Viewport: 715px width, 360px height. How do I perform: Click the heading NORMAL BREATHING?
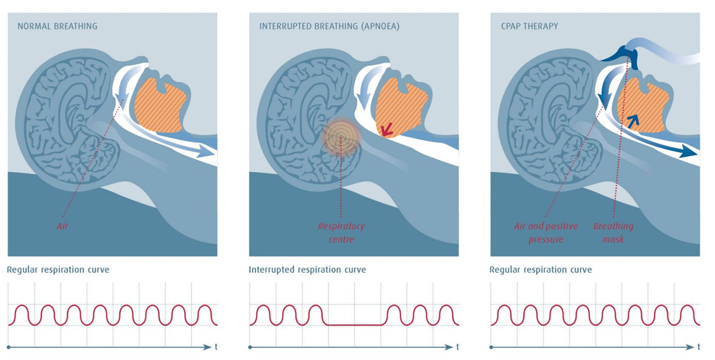[x=57, y=26]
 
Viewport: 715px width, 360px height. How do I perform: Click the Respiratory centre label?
[x=341, y=233]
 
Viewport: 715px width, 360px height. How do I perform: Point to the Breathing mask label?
[x=613, y=233]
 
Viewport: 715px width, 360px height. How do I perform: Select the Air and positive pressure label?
[x=546, y=233]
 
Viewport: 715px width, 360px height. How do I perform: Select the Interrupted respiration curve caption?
[x=307, y=270]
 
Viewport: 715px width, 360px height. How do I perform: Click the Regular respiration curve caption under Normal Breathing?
[x=58, y=270]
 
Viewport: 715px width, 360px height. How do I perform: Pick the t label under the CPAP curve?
[x=698, y=347]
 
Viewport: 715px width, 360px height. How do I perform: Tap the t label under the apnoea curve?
[x=457, y=347]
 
